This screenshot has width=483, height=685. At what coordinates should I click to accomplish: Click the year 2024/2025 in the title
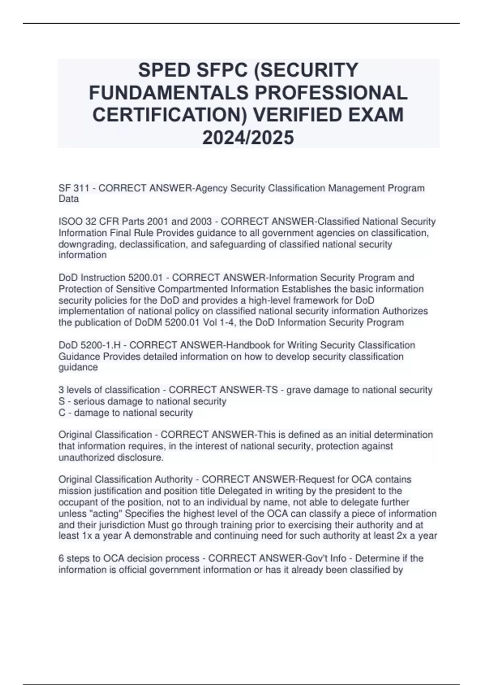coord(248,138)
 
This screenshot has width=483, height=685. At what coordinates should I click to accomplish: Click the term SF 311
coord(74,188)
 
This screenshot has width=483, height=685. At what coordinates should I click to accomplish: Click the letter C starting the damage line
coord(62,413)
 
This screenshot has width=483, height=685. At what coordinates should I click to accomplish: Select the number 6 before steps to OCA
coord(61,558)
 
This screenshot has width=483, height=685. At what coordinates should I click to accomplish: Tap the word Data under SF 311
coord(68,199)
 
